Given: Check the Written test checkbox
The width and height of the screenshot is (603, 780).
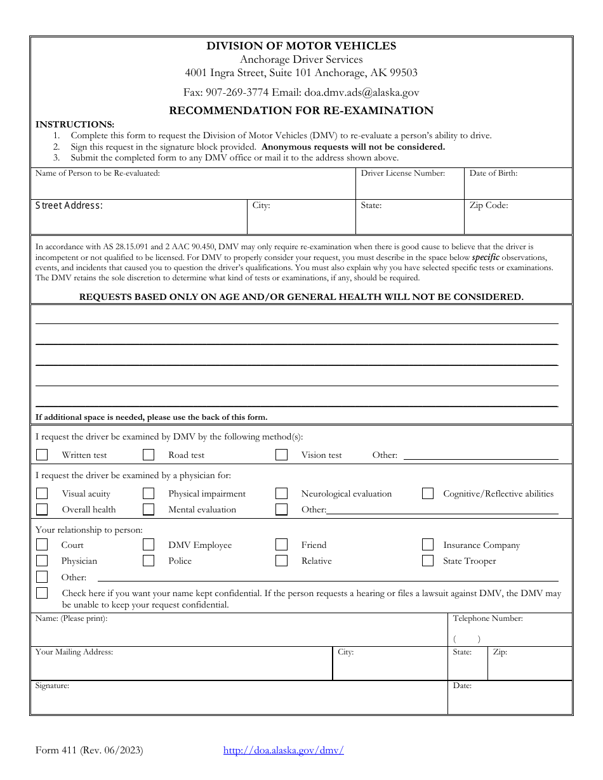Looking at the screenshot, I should (x=42, y=455).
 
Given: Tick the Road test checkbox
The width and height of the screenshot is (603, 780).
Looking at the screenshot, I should (x=149, y=455).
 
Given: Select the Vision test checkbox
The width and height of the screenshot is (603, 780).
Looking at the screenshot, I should (x=281, y=455).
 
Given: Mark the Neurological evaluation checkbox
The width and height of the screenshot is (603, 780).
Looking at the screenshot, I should (x=281, y=493).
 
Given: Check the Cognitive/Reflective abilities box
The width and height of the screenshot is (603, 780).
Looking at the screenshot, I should (x=428, y=493).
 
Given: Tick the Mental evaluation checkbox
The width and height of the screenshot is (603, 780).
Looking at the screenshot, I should (x=149, y=509).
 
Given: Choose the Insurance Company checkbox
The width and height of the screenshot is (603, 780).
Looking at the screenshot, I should (x=428, y=545).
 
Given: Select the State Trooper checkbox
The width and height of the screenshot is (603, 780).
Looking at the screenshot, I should (x=428, y=561).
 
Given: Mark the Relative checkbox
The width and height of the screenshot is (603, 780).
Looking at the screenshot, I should (x=281, y=561).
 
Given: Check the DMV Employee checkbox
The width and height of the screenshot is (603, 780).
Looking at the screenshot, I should (x=149, y=545).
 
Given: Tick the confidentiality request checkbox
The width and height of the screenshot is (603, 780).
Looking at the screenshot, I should (x=42, y=593).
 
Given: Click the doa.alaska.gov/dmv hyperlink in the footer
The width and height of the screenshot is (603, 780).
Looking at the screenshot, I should (x=283, y=750).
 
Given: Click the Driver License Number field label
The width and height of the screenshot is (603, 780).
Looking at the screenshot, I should (x=403, y=173).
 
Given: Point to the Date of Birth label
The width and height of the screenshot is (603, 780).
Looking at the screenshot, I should (x=493, y=173).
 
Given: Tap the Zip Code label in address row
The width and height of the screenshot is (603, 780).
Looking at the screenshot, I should (x=489, y=205).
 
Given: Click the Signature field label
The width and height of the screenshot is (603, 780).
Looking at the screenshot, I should (x=52, y=686).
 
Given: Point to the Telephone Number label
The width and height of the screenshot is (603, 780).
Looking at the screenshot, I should (x=487, y=618).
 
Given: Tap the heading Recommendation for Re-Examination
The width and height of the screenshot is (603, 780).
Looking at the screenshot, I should (x=301, y=110).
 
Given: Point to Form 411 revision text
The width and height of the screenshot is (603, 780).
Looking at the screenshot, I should (x=89, y=750).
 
